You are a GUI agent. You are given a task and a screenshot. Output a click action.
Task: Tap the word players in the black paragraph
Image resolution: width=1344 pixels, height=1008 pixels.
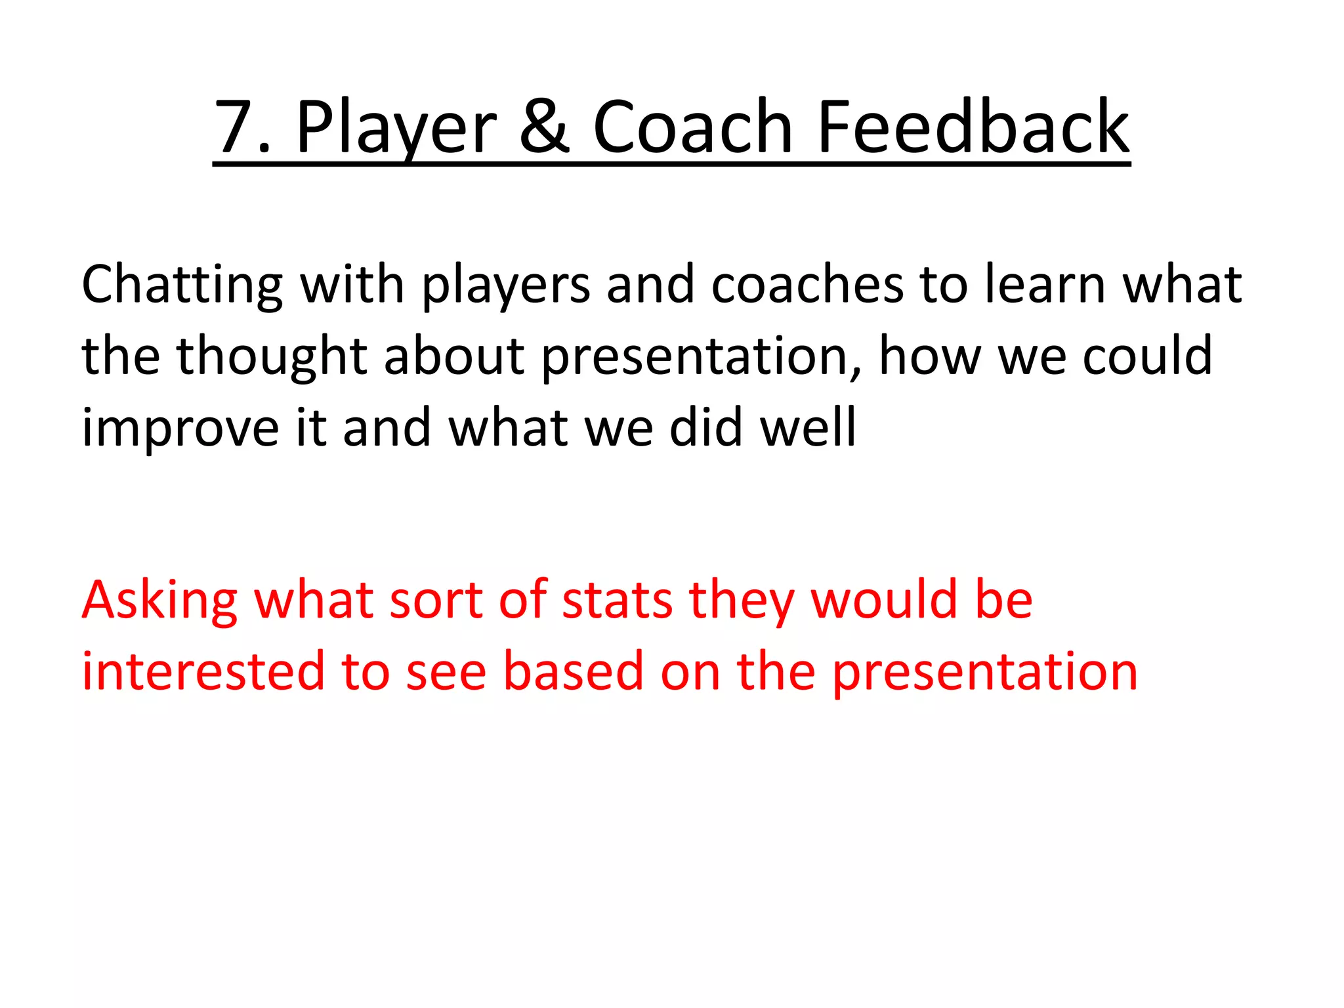click(x=506, y=285)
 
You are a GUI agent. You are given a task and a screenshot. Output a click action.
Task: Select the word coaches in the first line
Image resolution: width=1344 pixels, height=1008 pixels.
click(x=808, y=285)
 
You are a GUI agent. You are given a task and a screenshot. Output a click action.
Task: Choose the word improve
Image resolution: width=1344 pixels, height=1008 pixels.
click(x=180, y=429)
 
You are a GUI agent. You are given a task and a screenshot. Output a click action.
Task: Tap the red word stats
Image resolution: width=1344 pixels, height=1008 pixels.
click(x=617, y=600)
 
